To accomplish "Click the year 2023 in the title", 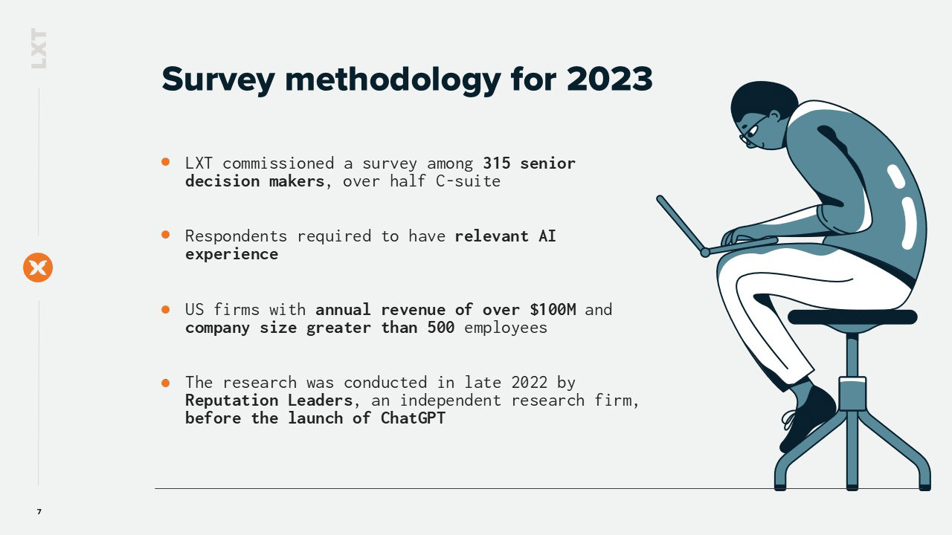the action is (609, 79).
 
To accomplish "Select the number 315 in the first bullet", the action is (496, 163).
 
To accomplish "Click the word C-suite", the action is (468, 181).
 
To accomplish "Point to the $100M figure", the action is (553, 310).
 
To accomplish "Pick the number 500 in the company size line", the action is (441, 328).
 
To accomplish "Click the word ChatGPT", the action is (413, 418).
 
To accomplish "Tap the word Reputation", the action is (231, 401).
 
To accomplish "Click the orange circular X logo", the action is (38, 267).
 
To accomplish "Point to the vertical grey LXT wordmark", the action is (39, 48).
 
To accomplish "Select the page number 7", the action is (39, 512).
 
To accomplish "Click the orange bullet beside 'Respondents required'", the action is (166, 234).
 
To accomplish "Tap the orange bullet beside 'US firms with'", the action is (166, 310).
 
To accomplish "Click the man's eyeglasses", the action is (752, 132).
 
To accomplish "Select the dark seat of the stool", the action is (852, 317).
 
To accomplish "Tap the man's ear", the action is (775, 116).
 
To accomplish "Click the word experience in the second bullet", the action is (231, 255).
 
